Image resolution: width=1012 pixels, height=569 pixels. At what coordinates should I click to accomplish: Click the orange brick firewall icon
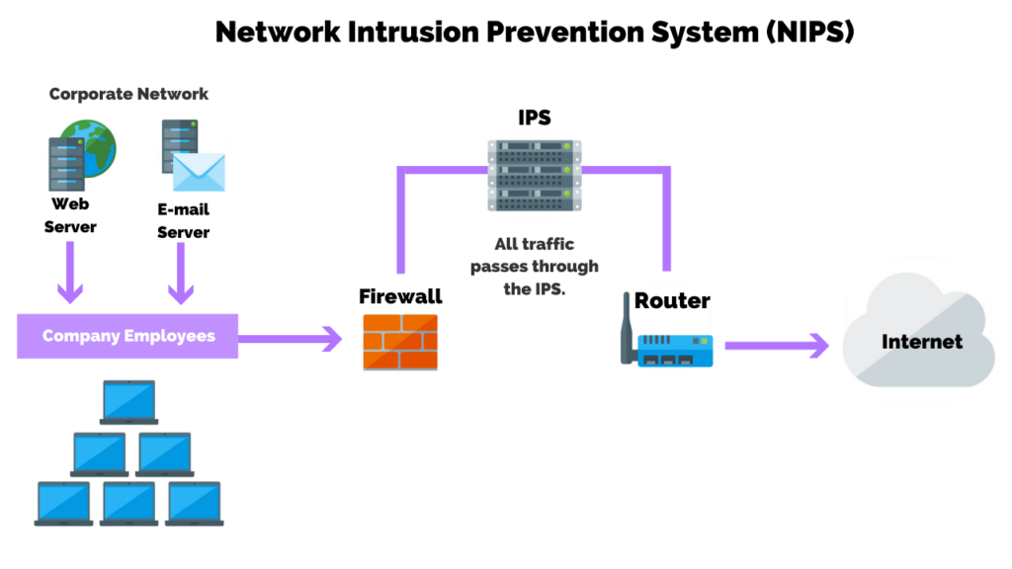tap(399, 342)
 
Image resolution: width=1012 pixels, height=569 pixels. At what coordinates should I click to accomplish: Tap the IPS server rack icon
tap(535, 176)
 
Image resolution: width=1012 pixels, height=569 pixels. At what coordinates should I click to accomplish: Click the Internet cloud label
tap(921, 342)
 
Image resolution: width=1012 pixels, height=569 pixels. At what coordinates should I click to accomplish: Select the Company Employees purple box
tap(127, 336)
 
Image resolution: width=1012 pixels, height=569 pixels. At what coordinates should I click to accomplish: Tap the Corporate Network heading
tap(128, 94)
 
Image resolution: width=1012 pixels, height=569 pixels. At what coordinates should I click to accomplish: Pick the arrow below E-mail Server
tap(181, 276)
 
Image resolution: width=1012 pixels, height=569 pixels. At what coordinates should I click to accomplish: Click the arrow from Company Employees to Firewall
tap(290, 341)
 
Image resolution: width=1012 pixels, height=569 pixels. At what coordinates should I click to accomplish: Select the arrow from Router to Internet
tap(777, 346)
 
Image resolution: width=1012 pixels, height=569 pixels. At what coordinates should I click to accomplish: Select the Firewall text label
tap(400, 296)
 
